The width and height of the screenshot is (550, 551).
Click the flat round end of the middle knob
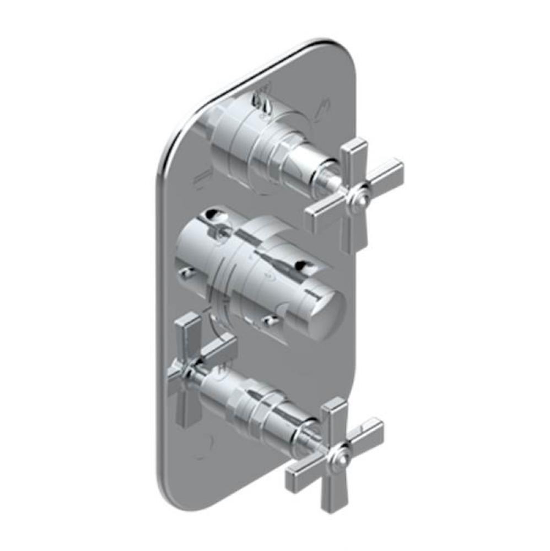(x=326, y=314)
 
